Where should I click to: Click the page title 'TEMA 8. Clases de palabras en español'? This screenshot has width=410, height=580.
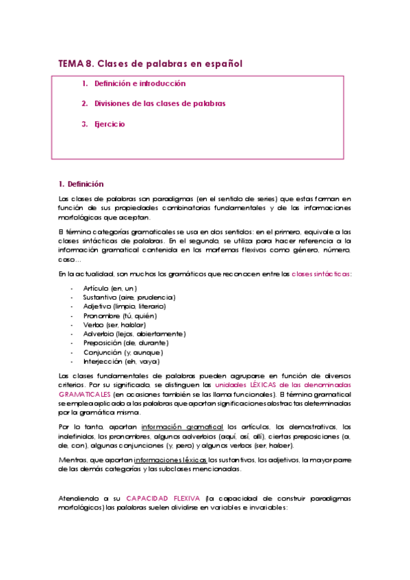click(151, 64)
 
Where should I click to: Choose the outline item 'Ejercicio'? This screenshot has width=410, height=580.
click(110, 124)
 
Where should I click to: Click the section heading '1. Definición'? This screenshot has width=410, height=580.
click(81, 184)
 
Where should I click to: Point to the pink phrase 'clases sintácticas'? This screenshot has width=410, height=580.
click(322, 274)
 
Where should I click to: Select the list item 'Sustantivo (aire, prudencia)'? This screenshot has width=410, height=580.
click(129, 298)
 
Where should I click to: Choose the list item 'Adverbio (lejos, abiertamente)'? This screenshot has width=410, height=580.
click(133, 334)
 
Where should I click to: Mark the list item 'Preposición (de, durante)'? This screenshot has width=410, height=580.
click(125, 343)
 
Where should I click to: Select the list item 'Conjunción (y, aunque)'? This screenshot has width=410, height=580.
click(123, 352)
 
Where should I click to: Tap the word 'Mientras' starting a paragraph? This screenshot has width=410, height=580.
click(73, 460)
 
